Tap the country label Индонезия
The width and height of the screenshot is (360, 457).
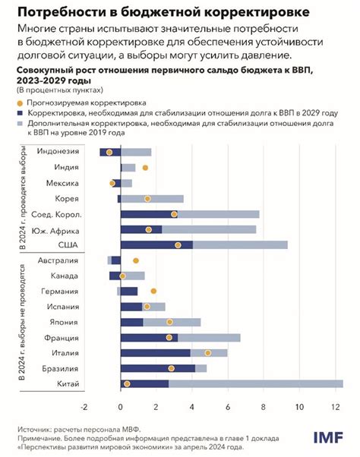pos(69,152)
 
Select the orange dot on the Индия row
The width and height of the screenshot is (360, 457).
pos(145,167)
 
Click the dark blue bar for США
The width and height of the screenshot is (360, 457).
pos(156,244)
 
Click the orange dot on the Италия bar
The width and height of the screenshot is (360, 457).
pos(207,353)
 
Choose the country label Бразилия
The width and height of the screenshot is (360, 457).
pos(71,368)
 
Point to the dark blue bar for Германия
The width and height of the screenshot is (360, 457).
pos(129,291)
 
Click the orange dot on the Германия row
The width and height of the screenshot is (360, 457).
pos(153,291)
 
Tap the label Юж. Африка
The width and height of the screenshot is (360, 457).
pos(69,229)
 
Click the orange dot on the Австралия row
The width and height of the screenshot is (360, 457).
pos(135,260)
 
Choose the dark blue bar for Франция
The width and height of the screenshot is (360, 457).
pos(149,337)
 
